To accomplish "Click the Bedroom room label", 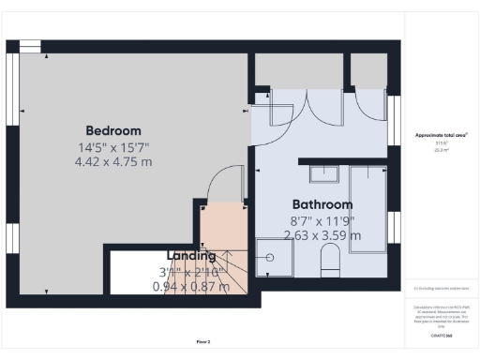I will pos(112,130).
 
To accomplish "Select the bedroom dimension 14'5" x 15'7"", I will pos(112,146).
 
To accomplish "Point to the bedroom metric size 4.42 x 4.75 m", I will pos(112,161).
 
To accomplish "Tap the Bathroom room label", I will pos(322,204).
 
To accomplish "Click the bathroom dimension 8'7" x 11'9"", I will pos(322,220).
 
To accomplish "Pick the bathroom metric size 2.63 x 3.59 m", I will pos(322,235).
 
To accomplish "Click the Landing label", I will pos(191,255).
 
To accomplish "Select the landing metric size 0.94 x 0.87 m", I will pos(190,286).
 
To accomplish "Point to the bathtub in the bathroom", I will pos(367,206).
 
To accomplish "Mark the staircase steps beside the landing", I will pos(235,272).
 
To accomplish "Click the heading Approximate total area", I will pos(441,136).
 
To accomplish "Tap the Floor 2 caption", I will pos(202,341).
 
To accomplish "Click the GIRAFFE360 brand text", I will pos(441,336).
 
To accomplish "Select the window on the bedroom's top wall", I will pos(30,44).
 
